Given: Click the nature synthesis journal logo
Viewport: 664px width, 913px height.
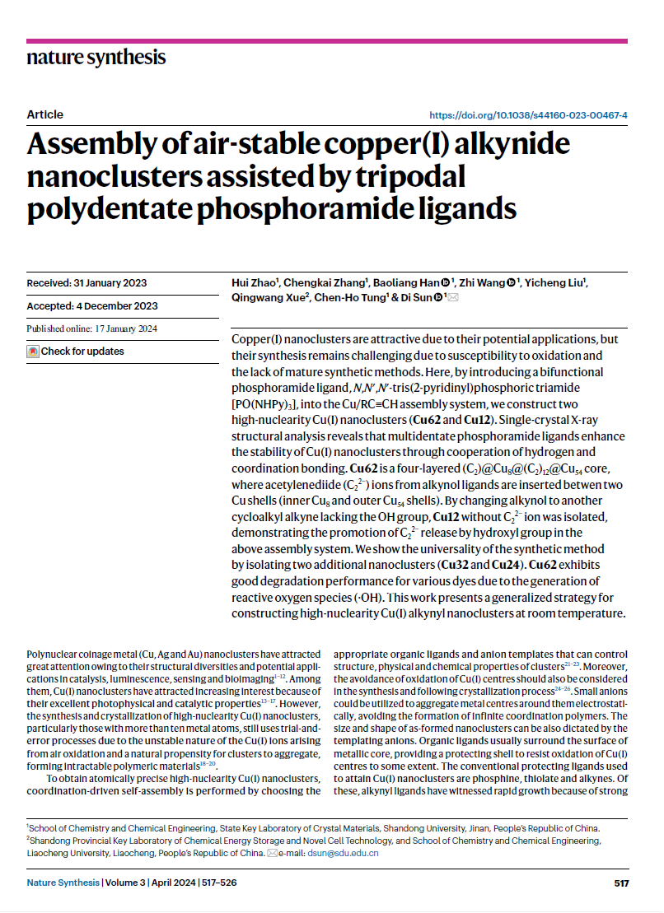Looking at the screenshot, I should pos(96,58).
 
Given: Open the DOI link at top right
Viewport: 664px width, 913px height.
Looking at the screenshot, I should pos(529,115).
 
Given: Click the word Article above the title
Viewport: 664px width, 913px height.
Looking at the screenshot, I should pos(44,114).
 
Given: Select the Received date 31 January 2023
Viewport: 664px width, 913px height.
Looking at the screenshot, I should pos(87,283).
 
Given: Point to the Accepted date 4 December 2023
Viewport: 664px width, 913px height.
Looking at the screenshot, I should pos(91,306).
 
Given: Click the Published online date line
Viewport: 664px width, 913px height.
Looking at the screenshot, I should pos(91,328).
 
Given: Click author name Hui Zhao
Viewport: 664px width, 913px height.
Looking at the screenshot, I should pos(255,283).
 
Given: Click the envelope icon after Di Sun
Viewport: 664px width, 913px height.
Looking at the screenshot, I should pos(452,298).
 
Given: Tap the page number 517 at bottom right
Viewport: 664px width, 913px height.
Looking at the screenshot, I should pos(621,883).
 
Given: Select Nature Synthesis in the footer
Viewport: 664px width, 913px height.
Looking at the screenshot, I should pos(63,883).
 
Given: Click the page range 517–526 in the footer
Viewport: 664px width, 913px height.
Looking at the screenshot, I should pos(215,883).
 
